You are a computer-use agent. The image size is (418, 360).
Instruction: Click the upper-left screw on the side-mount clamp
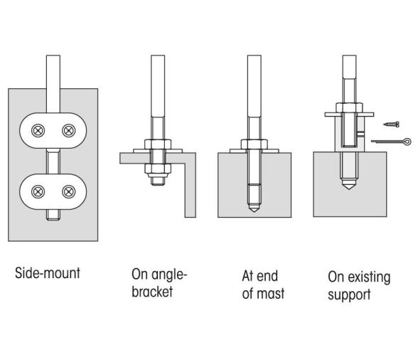pyautogui.click(x=38, y=131)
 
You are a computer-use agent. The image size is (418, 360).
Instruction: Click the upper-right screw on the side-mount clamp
pyautogui.click(x=69, y=131)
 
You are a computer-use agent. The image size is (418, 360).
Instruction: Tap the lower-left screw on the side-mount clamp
pyautogui.click(x=38, y=191)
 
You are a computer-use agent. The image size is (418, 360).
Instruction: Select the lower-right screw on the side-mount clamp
pyautogui.click(x=69, y=191)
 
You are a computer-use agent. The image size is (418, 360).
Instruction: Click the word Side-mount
pyautogui.click(x=48, y=273)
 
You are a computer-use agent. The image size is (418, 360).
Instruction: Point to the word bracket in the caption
pyautogui.click(x=152, y=291)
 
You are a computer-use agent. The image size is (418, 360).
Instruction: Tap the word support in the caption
pyautogui.click(x=349, y=295)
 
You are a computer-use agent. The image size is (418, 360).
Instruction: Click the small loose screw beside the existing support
pyautogui.click(x=391, y=124)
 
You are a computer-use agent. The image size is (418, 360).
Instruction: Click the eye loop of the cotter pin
pyautogui.click(x=407, y=141)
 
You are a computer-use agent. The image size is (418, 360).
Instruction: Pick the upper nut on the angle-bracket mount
pyautogui.click(x=158, y=144)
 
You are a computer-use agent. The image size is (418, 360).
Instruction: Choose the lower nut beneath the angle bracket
pyautogui.click(x=158, y=169)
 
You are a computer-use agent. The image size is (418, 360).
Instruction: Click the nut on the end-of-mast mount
pyautogui.click(x=254, y=144)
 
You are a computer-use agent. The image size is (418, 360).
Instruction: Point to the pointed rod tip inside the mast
pyautogui.click(x=254, y=208)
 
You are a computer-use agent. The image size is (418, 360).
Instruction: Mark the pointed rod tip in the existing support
pyautogui.click(x=349, y=185)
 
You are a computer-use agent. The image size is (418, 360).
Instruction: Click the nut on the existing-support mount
pyautogui.click(x=349, y=107)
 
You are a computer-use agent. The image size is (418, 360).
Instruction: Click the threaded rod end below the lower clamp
pyautogui.click(x=53, y=215)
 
